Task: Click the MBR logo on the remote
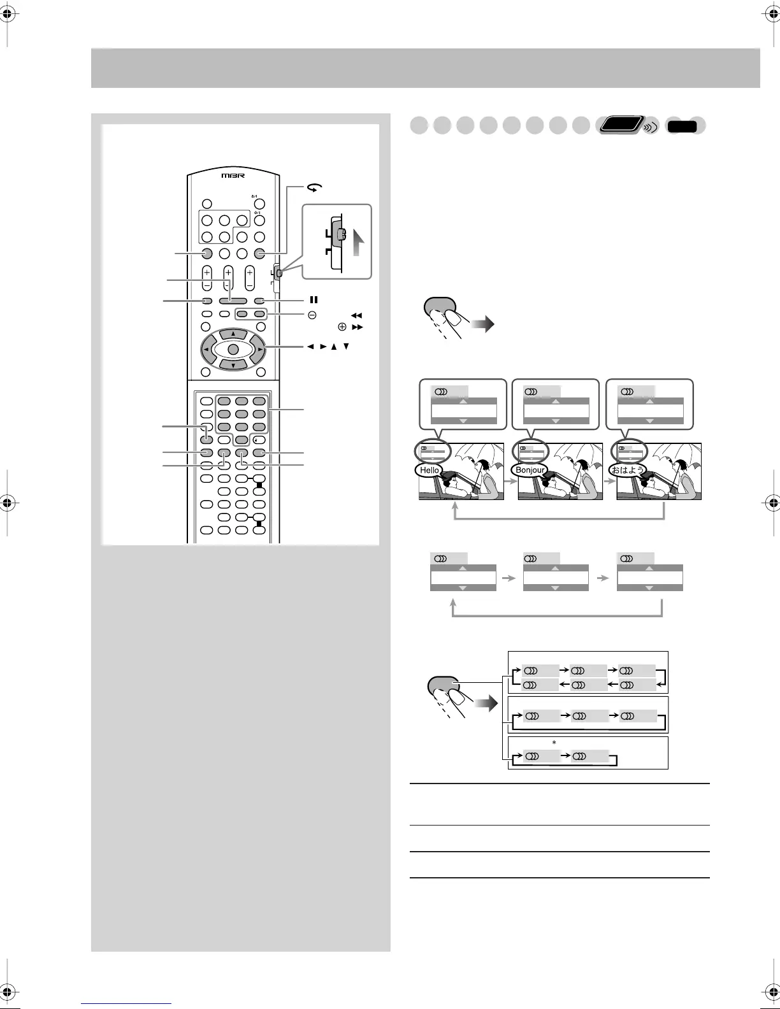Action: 233,175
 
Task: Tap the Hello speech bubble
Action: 430,470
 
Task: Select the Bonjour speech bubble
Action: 530,470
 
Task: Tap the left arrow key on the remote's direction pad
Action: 206,349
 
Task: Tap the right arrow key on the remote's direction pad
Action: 260,349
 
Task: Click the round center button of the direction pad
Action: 233,349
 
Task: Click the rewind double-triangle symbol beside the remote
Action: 357,315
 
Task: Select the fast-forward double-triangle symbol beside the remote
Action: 357,327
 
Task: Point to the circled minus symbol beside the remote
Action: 312,315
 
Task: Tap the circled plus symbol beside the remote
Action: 342,327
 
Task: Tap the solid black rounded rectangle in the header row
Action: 682,127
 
